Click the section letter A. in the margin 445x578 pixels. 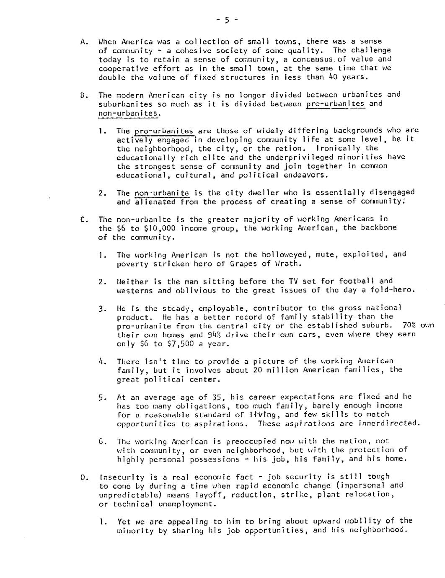[84, 42]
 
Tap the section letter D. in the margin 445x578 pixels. [84, 477]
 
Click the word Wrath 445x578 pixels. [287, 264]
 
